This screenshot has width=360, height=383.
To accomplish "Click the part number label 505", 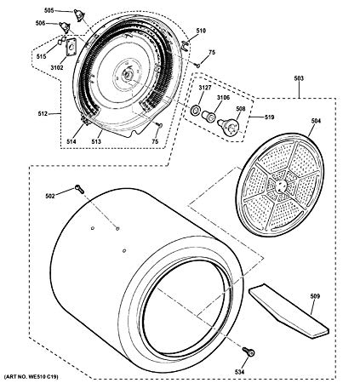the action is (x=49, y=10).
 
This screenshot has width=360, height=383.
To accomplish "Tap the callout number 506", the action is (x=40, y=23).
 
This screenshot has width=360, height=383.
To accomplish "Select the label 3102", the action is (x=57, y=67).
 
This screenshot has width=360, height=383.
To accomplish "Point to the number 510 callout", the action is (x=201, y=31).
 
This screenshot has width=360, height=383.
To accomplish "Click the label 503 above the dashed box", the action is (x=299, y=78).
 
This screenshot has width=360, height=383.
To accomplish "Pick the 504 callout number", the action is (x=316, y=121).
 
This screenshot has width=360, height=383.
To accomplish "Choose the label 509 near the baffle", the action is (x=315, y=296).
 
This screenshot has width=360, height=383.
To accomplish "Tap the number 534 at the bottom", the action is (x=239, y=372).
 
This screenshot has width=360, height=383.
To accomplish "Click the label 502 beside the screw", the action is (x=50, y=196).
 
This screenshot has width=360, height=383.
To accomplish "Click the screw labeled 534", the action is (x=249, y=352).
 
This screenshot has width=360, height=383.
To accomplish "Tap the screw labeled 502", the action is (x=79, y=189).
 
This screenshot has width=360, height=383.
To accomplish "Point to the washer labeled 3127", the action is (x=196, y=110).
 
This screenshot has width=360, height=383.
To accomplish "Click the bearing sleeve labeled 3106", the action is (x=208, y=117).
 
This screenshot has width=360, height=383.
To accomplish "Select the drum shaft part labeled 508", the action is (x=229, y=126).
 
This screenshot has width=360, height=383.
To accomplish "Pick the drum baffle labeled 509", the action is (x=289, y=311).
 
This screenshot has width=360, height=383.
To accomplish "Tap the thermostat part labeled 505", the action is (x=79, y=14).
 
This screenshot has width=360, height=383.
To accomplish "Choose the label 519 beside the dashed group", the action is (x=269, y=117).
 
